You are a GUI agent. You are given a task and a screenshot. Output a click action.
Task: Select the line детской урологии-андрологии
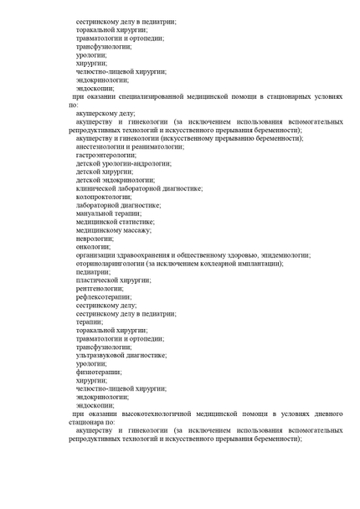(121, 163)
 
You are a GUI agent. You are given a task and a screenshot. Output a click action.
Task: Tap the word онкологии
(92, 247)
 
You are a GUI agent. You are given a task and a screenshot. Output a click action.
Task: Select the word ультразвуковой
(102, 355)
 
